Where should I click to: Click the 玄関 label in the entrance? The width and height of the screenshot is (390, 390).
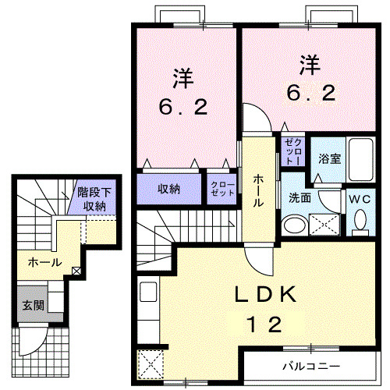pyautogui.click(x=32, y=304)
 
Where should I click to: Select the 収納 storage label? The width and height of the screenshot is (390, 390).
pyautogui.click(x=169, y=188)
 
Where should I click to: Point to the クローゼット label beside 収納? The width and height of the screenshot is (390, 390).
pyautogui.click(x=222, y=190)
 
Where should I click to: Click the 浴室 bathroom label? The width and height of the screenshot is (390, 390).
pyautogui.click(x=328, y=158)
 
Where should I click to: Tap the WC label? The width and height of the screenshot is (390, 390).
pyautogui.click(x=360, y=198)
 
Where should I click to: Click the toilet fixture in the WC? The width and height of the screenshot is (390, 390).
pyautogui.click(x=360, y=223)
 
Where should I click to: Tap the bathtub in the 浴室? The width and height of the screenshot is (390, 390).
pyautogui.click(x=360, y=161)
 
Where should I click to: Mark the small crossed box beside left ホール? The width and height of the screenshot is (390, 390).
pyautogui.click(x=76, y=271)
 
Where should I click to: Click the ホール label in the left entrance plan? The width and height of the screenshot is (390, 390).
pyautogui.click(x=44, y=262)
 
